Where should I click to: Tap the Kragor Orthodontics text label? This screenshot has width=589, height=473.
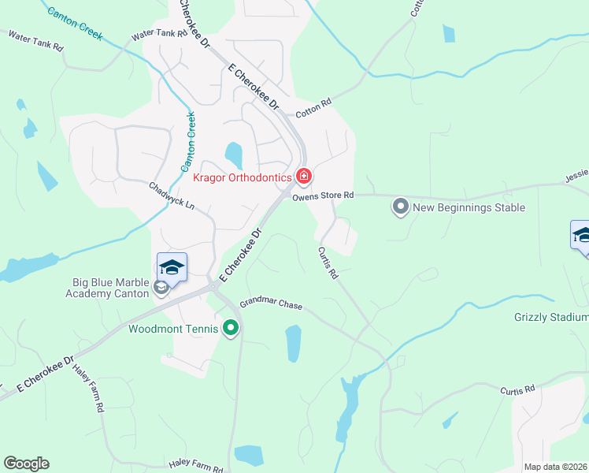243,178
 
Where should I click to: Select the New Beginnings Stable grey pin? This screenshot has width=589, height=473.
401,207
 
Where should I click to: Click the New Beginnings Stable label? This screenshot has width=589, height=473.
469,208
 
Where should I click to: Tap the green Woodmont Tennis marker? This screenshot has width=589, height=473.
231,327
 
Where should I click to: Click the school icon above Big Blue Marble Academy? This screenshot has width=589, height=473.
172,267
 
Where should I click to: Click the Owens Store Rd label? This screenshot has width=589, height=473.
323,196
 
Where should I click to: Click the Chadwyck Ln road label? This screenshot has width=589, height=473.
171,196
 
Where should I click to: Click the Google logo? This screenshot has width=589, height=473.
26,464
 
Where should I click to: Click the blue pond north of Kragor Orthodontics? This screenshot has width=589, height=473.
233,155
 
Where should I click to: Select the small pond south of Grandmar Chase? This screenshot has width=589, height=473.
293,343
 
